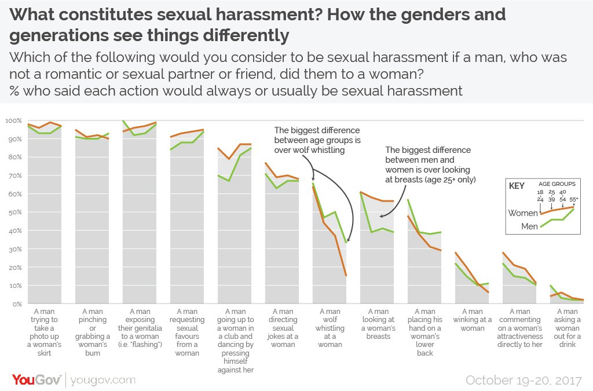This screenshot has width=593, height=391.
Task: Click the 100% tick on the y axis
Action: point(13,120)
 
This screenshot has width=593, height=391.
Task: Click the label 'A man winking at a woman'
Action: point(472,320)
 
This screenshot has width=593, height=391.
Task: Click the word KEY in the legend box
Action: point(517,187)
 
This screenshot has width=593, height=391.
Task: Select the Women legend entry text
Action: point(522,213)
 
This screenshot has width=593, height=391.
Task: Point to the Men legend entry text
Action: point(529,227)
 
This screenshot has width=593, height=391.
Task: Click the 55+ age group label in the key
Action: point(574,199)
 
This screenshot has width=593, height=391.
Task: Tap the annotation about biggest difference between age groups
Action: point(317,140)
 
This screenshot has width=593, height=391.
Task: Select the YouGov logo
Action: point(36,380)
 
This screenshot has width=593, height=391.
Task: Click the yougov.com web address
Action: point(103,380)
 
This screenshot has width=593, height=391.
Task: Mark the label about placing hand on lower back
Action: point(424,332)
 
